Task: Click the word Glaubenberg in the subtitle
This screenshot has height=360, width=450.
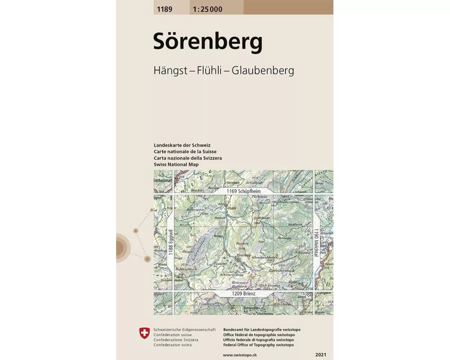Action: coord(263,71)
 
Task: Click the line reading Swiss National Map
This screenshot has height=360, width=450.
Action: coord(176,165)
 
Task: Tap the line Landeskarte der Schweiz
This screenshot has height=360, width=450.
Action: coord(182,145)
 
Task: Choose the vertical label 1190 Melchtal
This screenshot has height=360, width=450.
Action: coord(316,243)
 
